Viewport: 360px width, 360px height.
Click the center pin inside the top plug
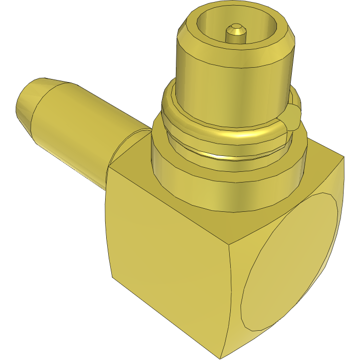pyautogui.click(x=236, y=32)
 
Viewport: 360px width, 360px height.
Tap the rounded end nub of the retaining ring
pyautogui.click(x=293, y=114)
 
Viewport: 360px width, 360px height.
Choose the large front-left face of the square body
pyautogui.click(x=164, y=267)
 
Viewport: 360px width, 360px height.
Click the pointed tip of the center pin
pyautogui.click(x=236, y=25)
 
